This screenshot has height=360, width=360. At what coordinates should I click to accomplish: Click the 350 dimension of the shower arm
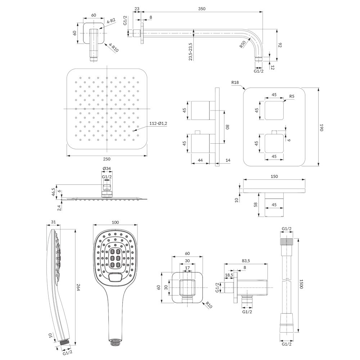202,9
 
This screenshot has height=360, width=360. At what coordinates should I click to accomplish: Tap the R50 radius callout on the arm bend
243,44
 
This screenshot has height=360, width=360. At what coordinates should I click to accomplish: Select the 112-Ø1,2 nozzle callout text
158,123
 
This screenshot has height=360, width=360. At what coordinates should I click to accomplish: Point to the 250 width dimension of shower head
107,159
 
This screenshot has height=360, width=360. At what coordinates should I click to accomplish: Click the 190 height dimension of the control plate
321,128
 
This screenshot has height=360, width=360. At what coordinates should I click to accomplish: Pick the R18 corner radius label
235,82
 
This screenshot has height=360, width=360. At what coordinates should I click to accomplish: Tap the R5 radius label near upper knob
292,96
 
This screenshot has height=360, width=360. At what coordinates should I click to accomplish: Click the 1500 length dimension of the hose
301,284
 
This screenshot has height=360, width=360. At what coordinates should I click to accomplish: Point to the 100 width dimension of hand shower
115,222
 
